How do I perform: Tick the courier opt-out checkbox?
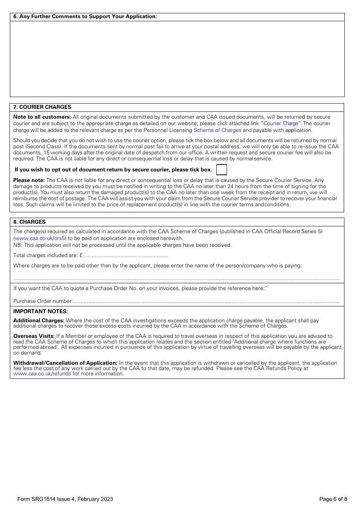pos(221,170)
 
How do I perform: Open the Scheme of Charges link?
pos(217,130)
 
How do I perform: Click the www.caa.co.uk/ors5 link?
pos(40,238)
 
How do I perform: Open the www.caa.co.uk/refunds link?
pos(42,373)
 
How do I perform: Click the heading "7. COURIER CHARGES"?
pos(42,107)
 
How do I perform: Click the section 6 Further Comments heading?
pos(85,16)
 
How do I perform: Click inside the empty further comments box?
pos(177,59)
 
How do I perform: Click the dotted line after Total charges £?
pos(125,256)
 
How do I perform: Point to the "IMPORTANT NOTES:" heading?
pos(41,311)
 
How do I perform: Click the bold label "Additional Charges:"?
pos(39,320)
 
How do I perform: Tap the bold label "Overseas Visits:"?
pos(34,336)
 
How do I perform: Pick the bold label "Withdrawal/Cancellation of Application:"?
pos(65,363)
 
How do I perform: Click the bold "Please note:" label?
pos(29,180)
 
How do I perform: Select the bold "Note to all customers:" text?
pos(42,117)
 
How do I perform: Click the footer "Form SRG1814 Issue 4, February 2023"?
pos(65,499)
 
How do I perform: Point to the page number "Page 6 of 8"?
pos(333,499)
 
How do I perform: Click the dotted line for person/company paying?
pos(177,279)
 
